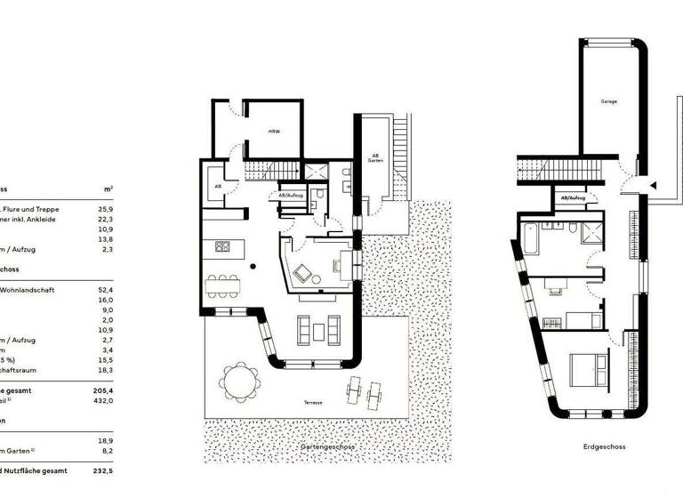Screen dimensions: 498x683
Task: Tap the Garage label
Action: [608, 101]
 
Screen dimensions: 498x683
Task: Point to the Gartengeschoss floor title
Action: [325, 446]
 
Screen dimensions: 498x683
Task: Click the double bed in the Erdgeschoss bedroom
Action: [589, 365]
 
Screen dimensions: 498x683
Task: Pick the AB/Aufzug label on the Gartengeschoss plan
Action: [293, 194]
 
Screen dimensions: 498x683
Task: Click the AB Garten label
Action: [375, 160]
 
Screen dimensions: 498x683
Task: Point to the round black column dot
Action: [253, 265]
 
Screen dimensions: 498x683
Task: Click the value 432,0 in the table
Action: [108, 401]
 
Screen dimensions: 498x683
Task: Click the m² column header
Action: [108, 189]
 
